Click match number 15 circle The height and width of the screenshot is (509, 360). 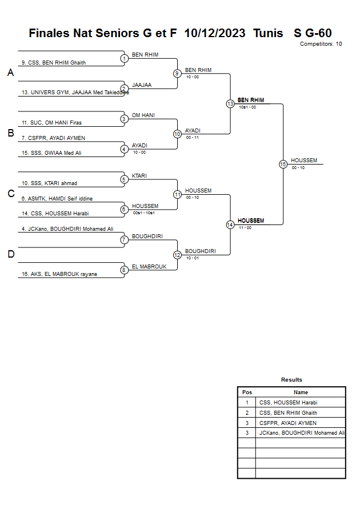click(283, 164)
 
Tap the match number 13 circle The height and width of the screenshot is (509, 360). click(230, 104)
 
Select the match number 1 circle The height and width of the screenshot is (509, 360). click(124, 58)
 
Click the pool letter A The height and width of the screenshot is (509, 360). click(10, 73)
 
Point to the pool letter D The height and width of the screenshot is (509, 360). click(10, 254)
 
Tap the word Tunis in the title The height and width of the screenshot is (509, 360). click(268, 33)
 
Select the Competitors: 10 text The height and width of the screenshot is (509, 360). click(321, 44)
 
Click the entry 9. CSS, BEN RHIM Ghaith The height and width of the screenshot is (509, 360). click(53, 63)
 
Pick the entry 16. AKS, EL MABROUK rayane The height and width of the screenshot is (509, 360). click(59, 274)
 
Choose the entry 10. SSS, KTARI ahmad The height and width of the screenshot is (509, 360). click(49, 183)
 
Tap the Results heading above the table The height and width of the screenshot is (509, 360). click(291, 380)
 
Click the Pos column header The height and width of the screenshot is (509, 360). click(247, 392)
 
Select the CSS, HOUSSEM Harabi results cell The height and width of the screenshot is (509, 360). click(288, 403)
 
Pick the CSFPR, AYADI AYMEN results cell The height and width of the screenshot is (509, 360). click(288, 423)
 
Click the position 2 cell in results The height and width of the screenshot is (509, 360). click(247, 413)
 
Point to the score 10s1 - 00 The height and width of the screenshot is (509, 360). click(247, 107)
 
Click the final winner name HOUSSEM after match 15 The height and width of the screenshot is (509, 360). click(304, 161)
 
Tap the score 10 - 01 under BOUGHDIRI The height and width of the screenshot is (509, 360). click(193, 258)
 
